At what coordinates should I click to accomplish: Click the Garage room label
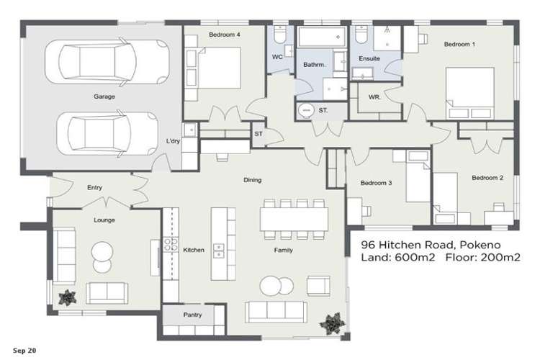pyautogui.click(x=104, y=96)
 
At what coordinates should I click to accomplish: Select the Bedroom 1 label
pyautogui.click(x=459, y=45)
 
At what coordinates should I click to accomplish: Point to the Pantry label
pyautogui.click(x=192, y=315)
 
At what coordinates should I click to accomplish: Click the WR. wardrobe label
pyautogui.click(x=374, y=96)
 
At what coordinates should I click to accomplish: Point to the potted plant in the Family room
pyautogui.click(x=333, y=321)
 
